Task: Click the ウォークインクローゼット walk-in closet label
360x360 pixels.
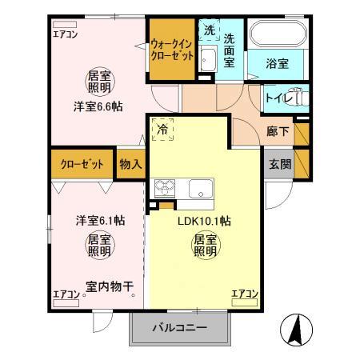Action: pyautogui.click(x=170, y=51)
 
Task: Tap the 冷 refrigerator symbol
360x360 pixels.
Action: pyautogui.click(x=163, y=128)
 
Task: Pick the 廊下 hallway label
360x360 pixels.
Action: pyautogui.click(x=278, y=132)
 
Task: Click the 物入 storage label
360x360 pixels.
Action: pyautogui.click(x=130, y=165)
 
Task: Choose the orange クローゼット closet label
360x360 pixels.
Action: pyautogui.click(x=82, y=165)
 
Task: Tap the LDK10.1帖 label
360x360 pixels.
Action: pyautogui.click(x=204, y=221)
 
